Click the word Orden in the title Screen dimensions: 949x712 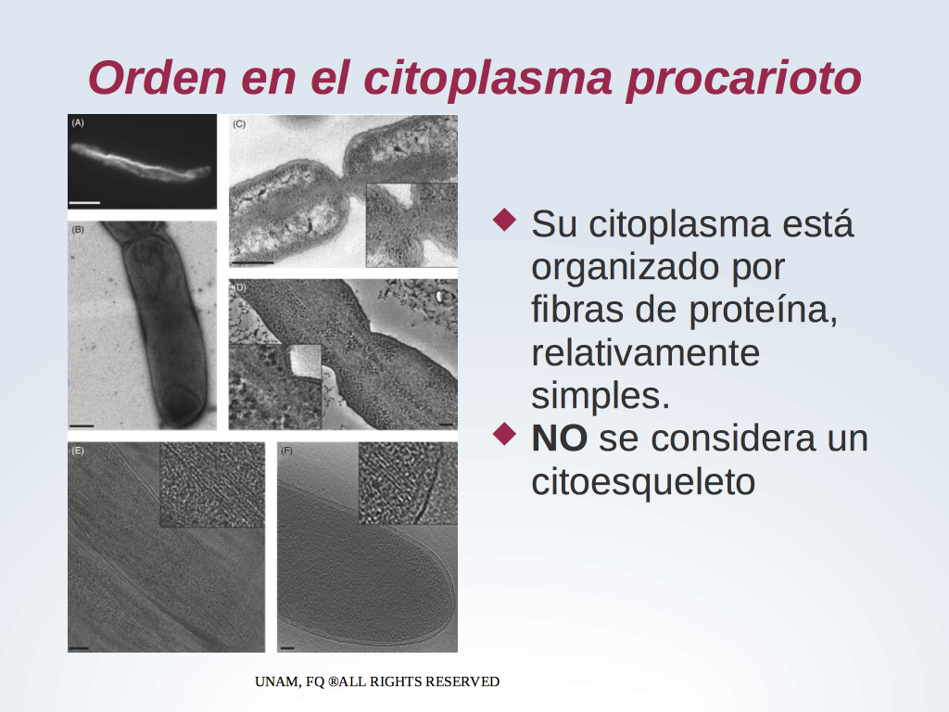[x=158, y=78]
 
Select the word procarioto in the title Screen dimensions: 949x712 [x=744, y=79]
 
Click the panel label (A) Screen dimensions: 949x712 [x=78, y=123]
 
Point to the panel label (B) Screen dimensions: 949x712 [x=78, y=230]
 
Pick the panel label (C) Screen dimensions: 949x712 [x=239, y=124]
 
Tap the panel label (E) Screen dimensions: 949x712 [x=78, y=451]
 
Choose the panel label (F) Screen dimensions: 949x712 [x=287, y=451]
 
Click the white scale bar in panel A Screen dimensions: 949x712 [x=84, y=203]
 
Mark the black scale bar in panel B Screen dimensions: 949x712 [x=82, y=426]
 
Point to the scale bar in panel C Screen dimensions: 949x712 [x=253, y=262]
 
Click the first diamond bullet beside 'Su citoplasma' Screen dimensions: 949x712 [x=505, y=220]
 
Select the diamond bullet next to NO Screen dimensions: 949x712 [x=505, y=434]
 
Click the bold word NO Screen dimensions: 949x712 [x=559, y=439]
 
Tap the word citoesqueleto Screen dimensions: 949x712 [x=643, y=482]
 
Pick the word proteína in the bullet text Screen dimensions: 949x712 [x=764, y=311]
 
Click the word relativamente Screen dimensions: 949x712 [x=646, y=352]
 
